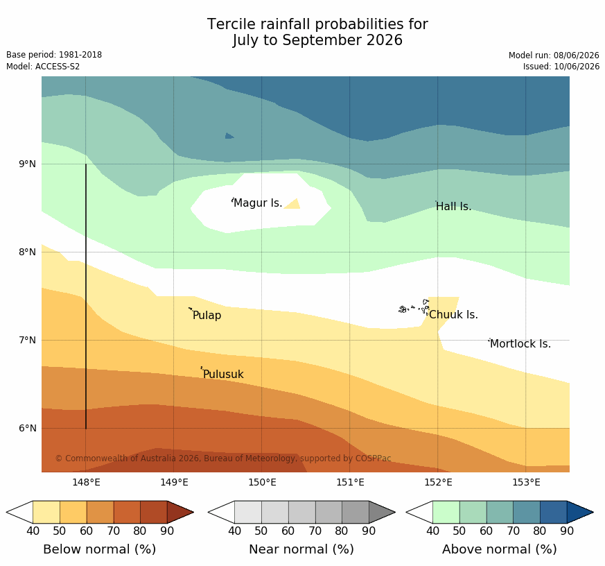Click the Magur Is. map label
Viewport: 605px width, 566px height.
click(x=258, y=203)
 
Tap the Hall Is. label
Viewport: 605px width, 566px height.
click(x=453, y=207)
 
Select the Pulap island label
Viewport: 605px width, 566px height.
click(x=207, y=316)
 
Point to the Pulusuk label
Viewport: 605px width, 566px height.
click(x=223, y=374)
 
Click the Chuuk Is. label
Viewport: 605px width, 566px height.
click(x=453, y=315)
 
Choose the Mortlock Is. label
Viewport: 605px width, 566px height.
click(x=520, y=343)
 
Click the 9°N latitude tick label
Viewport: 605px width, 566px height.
click(x=27, y=164)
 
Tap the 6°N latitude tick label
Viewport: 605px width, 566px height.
click(x=28, y=428)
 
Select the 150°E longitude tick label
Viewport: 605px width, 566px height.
click(x=262, y=482)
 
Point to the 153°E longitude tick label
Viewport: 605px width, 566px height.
click(x=526, y=482)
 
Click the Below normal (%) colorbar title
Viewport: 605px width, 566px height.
click(x=99, y=549)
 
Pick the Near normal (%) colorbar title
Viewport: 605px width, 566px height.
click(x=301, y=549)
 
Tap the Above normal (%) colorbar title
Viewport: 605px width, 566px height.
click(x=499, y=549)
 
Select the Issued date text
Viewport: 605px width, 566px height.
click(x=561, y=67)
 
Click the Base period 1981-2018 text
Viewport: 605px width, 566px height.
click(x=54, y=55)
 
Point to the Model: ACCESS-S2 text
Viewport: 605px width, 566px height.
click(x=43, y=67)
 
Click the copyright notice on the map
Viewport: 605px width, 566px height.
click(x=223, y=458)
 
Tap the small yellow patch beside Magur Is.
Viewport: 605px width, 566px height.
click(x=293, y=205)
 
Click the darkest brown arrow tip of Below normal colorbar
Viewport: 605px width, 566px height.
click(x=180, y=513)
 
